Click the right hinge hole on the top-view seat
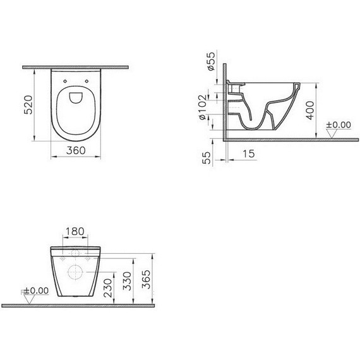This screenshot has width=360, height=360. tap(85, 81)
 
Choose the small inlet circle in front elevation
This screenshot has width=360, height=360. tap(76, 254)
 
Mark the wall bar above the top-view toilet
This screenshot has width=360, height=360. tap(76, 66)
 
